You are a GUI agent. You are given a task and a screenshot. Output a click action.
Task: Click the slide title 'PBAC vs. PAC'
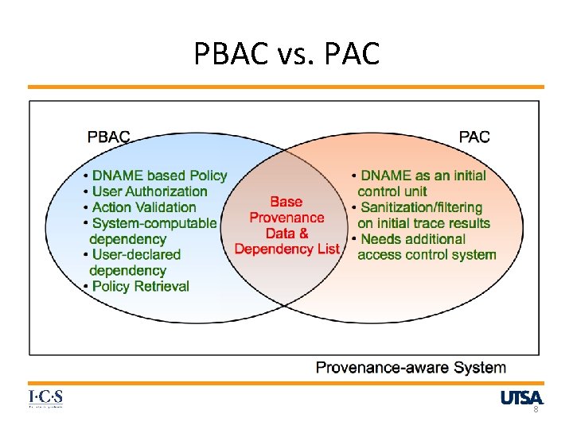pyautogui.click(x=286, y=54)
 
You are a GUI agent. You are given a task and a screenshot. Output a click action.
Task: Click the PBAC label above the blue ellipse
pyautogui.click(x=108, y=137)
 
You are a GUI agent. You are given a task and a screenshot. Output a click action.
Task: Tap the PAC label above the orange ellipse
pyautogui.click(x=474, y=137)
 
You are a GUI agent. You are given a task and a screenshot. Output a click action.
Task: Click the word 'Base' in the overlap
pyautogui.click(x=286, y=202)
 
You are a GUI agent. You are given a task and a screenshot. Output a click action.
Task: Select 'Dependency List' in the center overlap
pyautogui.click(x=286, y=249)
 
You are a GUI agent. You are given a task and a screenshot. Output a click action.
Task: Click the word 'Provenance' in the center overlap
pyautogui.click(x=286, y=218)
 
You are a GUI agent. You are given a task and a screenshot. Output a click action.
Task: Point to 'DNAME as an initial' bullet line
pyautogui.click(x=423, y=176)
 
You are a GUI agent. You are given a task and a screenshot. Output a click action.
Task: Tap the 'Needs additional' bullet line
pyautogui.click(x=413, y=239)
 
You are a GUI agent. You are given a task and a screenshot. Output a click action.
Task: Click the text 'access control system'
pyautogui.click(x=427, y=255)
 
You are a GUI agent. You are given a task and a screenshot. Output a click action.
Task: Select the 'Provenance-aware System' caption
pyautogui.click(x=411, y=367)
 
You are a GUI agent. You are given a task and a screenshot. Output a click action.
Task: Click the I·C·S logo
pyautogui.click(x=45, y=398)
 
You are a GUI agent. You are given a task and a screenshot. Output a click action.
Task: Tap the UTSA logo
pyautogui.click(x=522, y=397)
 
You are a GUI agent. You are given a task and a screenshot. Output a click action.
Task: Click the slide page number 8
pyautogui.click(x=536, y=409)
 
